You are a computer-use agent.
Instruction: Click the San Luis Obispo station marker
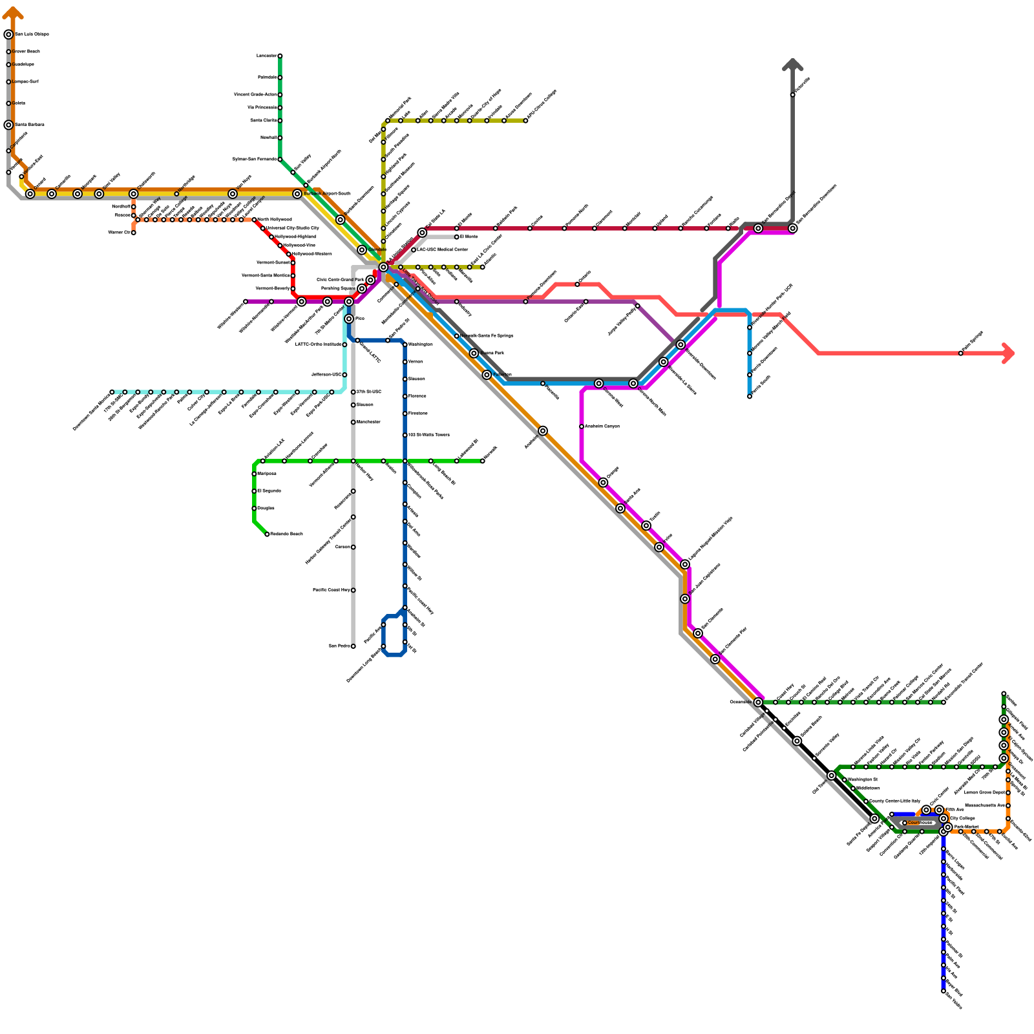coord(8,34)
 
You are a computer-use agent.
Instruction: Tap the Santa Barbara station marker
coord(8,125)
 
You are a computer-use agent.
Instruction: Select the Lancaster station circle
coord(280,56)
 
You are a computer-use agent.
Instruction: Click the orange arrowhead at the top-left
coord(13,12)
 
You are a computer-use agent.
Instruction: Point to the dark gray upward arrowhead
coord(792,64)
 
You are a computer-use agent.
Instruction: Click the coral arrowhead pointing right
coord(1008,353)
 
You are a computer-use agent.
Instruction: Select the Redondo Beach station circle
coord(267,534)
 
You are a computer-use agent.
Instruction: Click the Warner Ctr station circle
coord(134,233)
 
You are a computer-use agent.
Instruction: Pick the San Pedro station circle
coord(353,646)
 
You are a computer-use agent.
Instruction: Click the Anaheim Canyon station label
coord(602,427)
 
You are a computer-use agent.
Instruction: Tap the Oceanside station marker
coord(758,702)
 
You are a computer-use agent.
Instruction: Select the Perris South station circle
coord(750,396)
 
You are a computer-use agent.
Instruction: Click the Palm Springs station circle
coord(961,353)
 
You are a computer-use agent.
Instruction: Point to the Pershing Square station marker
coord(362,288)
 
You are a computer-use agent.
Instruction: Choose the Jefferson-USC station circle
coord(344,375)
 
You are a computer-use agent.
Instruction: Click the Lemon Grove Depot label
coord(984,792)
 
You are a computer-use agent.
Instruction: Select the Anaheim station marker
coord(543,431)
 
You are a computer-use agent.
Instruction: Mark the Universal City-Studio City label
coord(292,228)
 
